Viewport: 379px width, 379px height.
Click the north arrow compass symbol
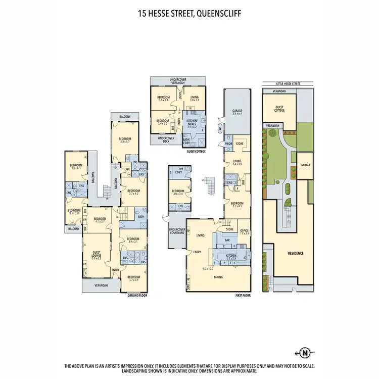(305, 353)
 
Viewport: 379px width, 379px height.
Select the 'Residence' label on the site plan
(296, 253)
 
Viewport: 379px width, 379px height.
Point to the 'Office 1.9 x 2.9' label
(244, 232)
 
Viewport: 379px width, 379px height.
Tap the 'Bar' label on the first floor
(227, 241)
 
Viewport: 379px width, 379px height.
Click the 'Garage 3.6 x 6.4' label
(238, 112)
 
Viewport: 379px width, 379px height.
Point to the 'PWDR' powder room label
(228, 144)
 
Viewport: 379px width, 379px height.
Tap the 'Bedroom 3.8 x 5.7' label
(125, 140)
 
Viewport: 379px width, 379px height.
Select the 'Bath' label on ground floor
(141, 217)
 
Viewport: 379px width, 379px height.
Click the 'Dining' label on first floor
(218, 276)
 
